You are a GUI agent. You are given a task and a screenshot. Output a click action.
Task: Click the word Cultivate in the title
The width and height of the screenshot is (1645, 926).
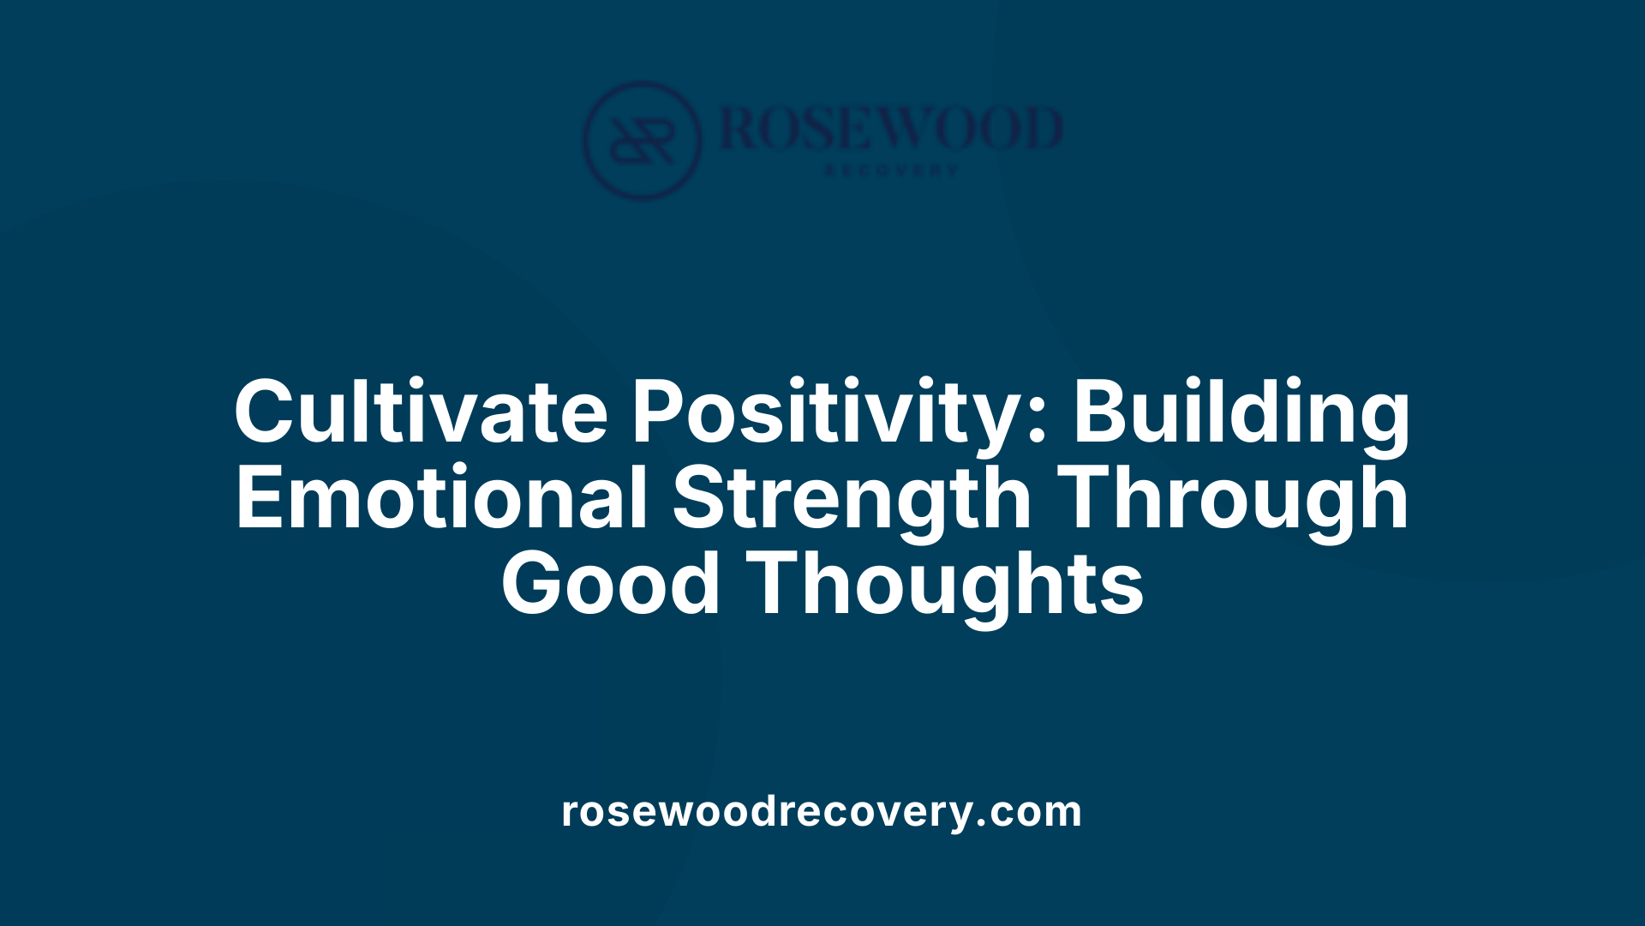[421, 412]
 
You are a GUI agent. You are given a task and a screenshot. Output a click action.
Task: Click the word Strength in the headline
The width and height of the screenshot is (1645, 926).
[852, 500]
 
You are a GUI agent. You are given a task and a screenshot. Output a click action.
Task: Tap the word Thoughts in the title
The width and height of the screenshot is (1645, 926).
[946, 586]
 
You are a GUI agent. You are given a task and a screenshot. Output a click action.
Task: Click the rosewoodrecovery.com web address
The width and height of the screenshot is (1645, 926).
[822, 811]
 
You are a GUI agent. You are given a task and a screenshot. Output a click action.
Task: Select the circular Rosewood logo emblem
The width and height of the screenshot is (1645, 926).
[642, 141]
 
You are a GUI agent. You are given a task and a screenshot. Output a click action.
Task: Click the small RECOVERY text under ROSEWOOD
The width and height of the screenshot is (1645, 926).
[890, 171]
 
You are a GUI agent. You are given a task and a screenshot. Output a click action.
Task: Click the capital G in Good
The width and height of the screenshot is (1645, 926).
[536, 584]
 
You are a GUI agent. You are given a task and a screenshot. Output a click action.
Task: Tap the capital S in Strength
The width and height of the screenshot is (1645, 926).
[700, 498]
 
